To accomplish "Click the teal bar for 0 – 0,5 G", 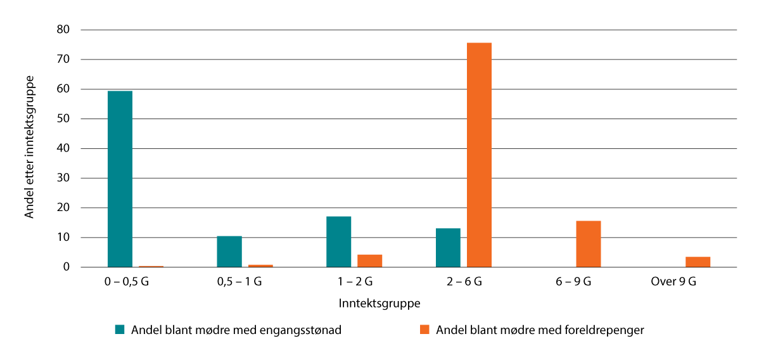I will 120,179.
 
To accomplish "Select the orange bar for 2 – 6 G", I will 479,155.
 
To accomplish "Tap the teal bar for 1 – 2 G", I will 338,242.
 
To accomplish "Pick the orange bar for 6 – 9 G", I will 588,244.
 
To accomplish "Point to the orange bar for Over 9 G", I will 698,262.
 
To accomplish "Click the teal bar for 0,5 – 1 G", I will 229,252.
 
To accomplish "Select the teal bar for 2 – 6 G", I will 448,248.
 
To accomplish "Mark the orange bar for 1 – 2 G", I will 369,261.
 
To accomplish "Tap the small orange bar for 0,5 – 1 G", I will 260,266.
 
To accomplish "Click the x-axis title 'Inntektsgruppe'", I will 379,304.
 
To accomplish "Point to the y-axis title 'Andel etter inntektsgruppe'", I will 29,147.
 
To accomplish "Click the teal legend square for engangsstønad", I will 120,330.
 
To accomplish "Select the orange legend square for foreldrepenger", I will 424,330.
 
